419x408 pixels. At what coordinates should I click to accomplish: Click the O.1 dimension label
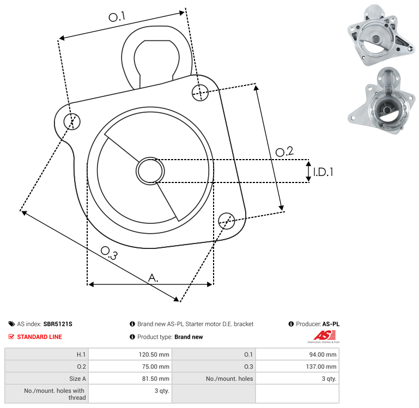pyautogui.click(x=117, y=17)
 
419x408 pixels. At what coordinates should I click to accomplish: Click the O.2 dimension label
pyautogui.click(x=284, y=151)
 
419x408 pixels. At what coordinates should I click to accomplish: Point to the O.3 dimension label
pyautogui.click(x=109, y=253)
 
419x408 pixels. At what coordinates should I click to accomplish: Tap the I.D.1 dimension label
pyautogui.click(x=323, y=172)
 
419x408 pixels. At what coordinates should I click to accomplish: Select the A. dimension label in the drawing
pyautogui.click(x=153, y=278)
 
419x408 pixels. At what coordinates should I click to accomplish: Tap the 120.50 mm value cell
pyautogui.click(x=130, y=354)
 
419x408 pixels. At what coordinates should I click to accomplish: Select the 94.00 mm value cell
pyautogui.click(x=297, y=354)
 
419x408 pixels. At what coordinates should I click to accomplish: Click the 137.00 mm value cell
pyautogui.click(x=297, y=366)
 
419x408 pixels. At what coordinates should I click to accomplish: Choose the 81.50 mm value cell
pyautogui.click(x=130, y=379)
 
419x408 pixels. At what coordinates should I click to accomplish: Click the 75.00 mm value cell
pyautogui.click(x=130, y=366)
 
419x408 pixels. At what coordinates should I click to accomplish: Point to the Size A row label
pyautogui.click(x=77, y=379)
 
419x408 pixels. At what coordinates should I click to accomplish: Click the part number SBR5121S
pyautogui.click(x=58, y=324)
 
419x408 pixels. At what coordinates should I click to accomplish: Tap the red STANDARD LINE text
pyautogui.click(x=40, y=337)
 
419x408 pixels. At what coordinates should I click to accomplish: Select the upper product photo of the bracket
pyautogui.click(x=381, y=35)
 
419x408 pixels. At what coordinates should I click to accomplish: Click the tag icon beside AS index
pyautogui.click(x=11, y=324)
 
